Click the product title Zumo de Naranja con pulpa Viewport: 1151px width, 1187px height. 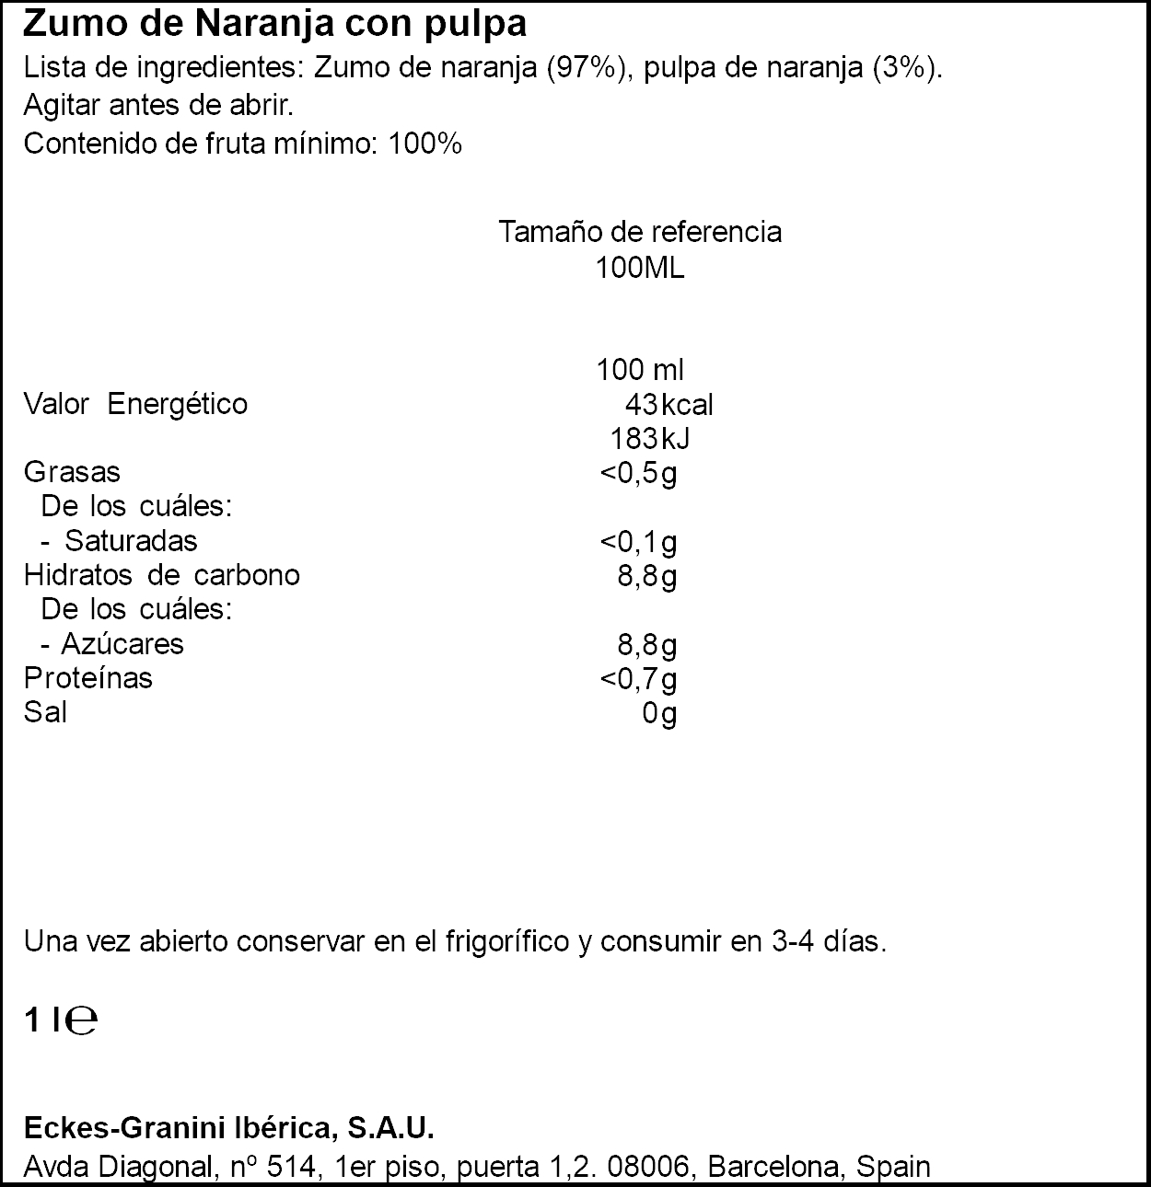[274, 24]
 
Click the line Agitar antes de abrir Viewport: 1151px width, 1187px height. [158, 107]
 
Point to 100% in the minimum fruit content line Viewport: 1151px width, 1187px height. [424, 144]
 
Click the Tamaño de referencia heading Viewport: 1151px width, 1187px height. [640, 231]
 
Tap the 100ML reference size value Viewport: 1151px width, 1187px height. [640, 268]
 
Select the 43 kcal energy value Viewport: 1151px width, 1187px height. [669, 405]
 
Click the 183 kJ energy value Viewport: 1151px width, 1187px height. [650, 439]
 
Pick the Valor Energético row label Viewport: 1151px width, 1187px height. [135, 404]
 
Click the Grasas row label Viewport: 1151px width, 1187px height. [72, 472]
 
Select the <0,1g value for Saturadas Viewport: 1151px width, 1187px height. [638, 542]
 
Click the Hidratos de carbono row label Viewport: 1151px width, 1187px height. [162, 575]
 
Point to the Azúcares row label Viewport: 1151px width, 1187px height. [122, 643]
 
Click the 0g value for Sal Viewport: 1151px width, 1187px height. [659, 713]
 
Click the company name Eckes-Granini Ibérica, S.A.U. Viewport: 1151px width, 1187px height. [227, 1128]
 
